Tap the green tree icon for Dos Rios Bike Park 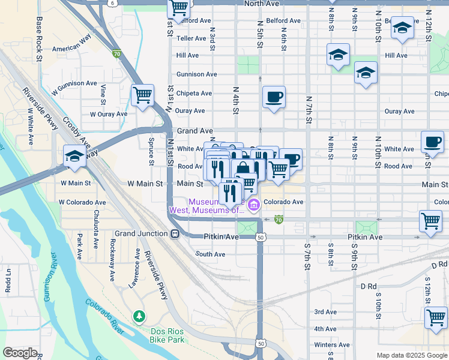(139, 316)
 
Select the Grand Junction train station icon (174, 233)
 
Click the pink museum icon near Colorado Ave (254, 206)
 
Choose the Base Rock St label (39, 40)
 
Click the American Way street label (71, 49)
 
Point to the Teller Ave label (192, 38)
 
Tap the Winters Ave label (332, 345)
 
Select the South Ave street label (211, 254)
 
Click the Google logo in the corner (20, 353)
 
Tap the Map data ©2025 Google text (411, 355)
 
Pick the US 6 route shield (113, 3)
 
